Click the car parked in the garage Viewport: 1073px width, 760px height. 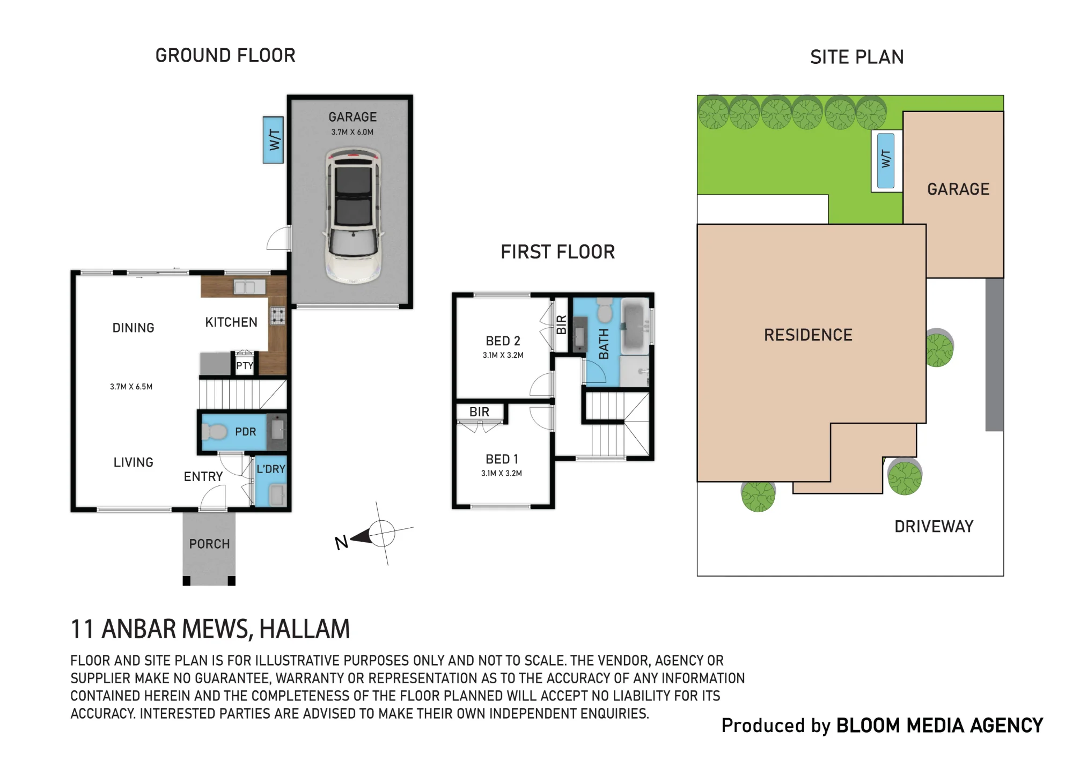353,215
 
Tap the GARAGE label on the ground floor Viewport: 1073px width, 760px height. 352,117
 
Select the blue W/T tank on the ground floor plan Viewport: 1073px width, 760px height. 273,140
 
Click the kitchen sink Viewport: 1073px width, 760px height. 249,287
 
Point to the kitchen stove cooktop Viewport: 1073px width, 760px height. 277,315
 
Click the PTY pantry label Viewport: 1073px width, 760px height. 245,365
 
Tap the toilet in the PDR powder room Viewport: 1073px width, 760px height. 215,431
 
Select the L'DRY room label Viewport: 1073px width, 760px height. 271,469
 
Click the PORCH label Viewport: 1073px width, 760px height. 209,544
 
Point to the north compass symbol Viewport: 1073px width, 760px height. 376,534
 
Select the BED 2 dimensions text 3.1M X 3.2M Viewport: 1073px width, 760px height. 503,355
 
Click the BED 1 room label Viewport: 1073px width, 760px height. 502,459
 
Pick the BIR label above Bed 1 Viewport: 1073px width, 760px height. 479,411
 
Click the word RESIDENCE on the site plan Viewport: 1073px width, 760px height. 808,335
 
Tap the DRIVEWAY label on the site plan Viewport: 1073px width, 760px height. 934,526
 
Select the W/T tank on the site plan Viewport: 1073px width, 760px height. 886,160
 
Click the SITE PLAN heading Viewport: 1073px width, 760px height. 857,57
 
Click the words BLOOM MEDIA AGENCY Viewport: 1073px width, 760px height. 939,725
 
